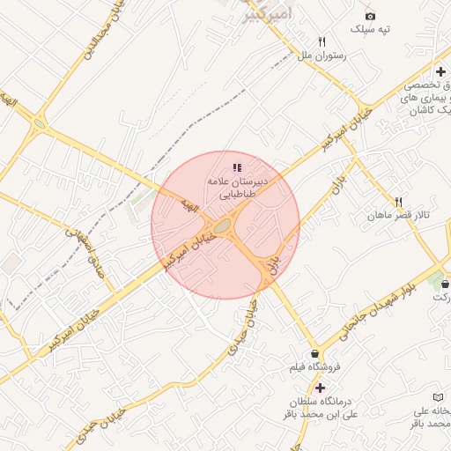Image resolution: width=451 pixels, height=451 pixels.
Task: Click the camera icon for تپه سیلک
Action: coord(370,16)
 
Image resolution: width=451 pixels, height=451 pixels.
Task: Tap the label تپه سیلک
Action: coord(370,30)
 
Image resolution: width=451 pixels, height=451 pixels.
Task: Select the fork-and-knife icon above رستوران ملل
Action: coord(322,41)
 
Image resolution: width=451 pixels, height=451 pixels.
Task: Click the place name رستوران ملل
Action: coord(322,55)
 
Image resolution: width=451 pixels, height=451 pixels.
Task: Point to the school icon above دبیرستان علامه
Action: coord(236,167)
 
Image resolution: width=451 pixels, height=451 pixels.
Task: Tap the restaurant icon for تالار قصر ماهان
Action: coord(398,202)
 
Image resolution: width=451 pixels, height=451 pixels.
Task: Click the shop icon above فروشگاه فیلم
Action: coord(315,354)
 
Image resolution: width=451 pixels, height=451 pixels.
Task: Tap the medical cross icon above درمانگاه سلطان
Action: coord(319,388)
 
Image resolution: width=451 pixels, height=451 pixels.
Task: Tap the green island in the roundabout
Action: coord(223,228)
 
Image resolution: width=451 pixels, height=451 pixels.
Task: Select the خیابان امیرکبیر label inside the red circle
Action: coord(189,248)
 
